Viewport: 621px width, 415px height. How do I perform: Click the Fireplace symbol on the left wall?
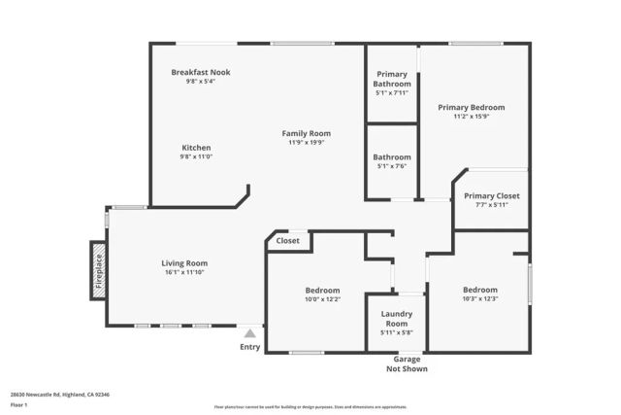(x=98, y=269)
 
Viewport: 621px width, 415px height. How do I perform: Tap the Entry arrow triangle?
(x=249, y=333)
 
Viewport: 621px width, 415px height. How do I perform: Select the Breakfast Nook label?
(x=201, y=72)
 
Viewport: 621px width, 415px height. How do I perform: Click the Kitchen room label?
(x=196, y=148)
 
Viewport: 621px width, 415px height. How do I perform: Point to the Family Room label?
(x=307, y=133)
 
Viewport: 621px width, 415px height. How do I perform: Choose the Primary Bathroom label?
(x=392, y=79)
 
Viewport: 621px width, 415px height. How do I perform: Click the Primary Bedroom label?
(x=471, y=107)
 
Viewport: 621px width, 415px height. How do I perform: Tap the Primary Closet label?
(x=491, y=195)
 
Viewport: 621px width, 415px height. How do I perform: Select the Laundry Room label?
(x=397, y=318)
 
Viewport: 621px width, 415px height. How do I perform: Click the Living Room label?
(x=184, y=262)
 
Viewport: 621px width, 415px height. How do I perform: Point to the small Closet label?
(x=288, y=240)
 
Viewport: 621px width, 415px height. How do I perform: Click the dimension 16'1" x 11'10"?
(x=184, y=272)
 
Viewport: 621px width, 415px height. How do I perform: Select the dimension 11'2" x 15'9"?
(x=471, y=117)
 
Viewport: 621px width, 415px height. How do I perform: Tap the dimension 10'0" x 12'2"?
(x=322, y=299)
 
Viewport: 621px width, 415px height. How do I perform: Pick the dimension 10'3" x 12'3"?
(x=479, y=299)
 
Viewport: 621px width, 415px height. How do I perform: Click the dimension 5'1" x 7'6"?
(x=392, y=166)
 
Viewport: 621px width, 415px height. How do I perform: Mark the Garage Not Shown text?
(x=407, y=363)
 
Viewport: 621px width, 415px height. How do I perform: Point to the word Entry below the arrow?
(x=249, y=347)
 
